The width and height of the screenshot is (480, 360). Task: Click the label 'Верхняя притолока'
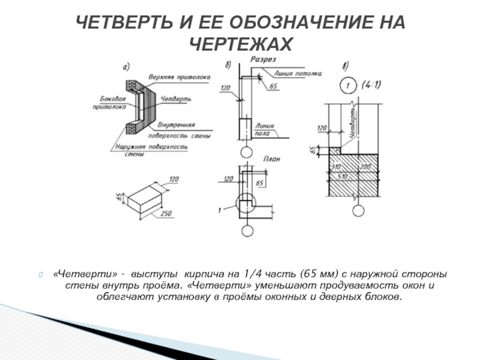click(x=182, y=77)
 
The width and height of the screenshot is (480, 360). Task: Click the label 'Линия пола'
click(x=265, y=130)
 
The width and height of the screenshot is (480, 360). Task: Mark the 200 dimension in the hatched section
click(x=365, y=166)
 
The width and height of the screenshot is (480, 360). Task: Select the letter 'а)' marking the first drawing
click(x=127, y=67)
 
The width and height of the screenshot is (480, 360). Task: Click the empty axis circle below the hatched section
click(x=358, y=211)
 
